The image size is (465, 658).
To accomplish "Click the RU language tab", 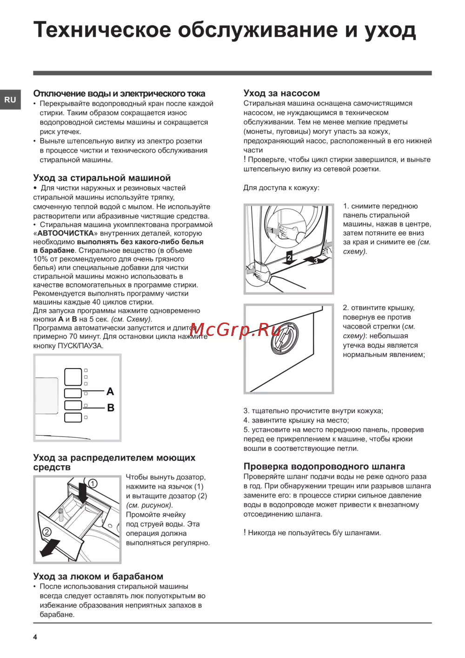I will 10,100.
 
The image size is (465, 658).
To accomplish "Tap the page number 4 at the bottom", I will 35,637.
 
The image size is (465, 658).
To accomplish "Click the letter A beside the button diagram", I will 110,391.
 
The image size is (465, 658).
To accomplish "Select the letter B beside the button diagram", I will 111,408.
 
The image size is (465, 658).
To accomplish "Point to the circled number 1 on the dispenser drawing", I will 93,483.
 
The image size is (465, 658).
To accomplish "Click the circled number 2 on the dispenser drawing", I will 46,532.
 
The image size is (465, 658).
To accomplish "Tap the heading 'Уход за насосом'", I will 281,93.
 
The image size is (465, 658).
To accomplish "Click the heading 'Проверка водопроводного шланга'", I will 324,466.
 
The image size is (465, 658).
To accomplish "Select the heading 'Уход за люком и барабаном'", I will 98,576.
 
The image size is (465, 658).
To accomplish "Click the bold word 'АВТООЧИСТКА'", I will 66,233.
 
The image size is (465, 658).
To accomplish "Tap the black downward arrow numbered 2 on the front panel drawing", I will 289,258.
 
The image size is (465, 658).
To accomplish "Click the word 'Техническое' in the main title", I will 102,30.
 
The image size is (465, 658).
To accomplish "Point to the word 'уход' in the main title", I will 390,30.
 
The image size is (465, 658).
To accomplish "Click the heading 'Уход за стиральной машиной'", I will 102,178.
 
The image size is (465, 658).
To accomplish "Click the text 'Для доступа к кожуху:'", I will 281,188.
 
